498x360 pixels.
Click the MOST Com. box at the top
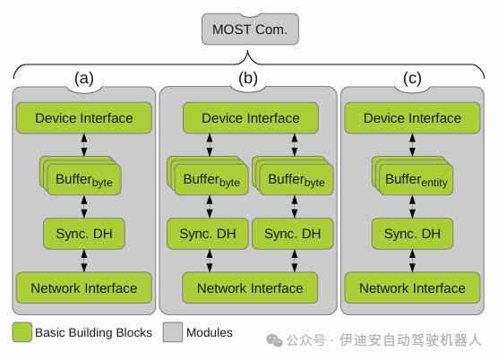click(249, 29)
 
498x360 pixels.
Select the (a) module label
click(84, 79)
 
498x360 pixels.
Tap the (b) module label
click(248, 79)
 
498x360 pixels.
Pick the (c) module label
click(412, 79)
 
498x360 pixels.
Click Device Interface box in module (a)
click(84, 118)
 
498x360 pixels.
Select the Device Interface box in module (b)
click(250, 118)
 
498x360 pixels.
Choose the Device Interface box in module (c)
click(412, 118)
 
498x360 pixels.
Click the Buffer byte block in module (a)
click(85, 180)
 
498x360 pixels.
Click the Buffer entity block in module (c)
click(416, 180)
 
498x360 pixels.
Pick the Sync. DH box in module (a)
click(84, 234)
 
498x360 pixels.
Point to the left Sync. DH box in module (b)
click(208, 234)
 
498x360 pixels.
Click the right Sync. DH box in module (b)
click(292, 234)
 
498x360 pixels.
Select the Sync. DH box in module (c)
click(412, 234)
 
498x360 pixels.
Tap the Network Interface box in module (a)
click(84, 288)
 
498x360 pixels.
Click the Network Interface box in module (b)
click(250, 288)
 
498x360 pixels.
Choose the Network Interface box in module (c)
click(412, 288)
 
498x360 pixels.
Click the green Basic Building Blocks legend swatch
click(22, 332)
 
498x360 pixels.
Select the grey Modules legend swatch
click(172, 332)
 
